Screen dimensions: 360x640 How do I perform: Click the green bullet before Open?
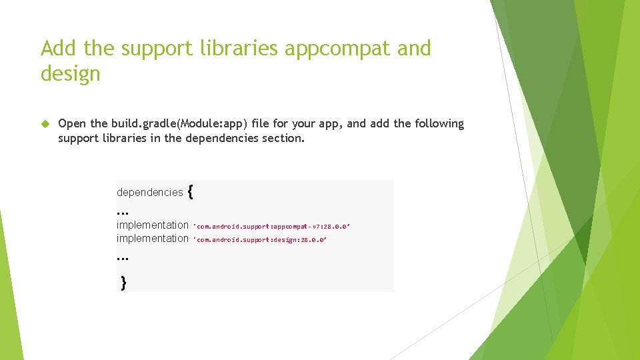pyautogui.click(x=45, y=124)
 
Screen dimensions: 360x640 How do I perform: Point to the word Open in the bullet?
pyautogui.click(x=73, y=124)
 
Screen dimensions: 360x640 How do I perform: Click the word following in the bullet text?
pyautogui.click(x=439, y=124)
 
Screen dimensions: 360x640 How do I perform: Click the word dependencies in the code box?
pyautogui.click(x=149, y=193)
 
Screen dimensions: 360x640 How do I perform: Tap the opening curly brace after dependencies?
pyautogui.click(x=191, y=192)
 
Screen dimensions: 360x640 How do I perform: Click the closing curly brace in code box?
pyautogui.click(x=123, y=283)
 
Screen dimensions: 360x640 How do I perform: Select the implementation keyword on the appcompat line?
pyautogui.click(x=153, y=225)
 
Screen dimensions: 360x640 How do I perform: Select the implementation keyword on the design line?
pyautogui.click(x=153, y=239)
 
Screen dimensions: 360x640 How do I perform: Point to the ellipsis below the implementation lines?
pyautogui.click(x=122, y=257)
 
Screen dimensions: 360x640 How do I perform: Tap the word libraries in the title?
pyautogui.click(x=241, y=49)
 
